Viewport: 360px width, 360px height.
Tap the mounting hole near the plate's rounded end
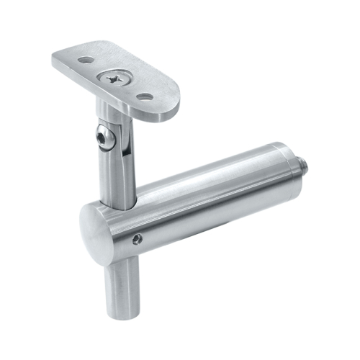click(145, 96)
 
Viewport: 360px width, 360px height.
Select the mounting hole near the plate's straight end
click(86, 60)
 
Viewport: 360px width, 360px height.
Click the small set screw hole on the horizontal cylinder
click(138, 238)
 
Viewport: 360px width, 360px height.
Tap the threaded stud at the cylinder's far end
click(305, 166)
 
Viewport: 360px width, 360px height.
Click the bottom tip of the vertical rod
click(123, 315)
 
